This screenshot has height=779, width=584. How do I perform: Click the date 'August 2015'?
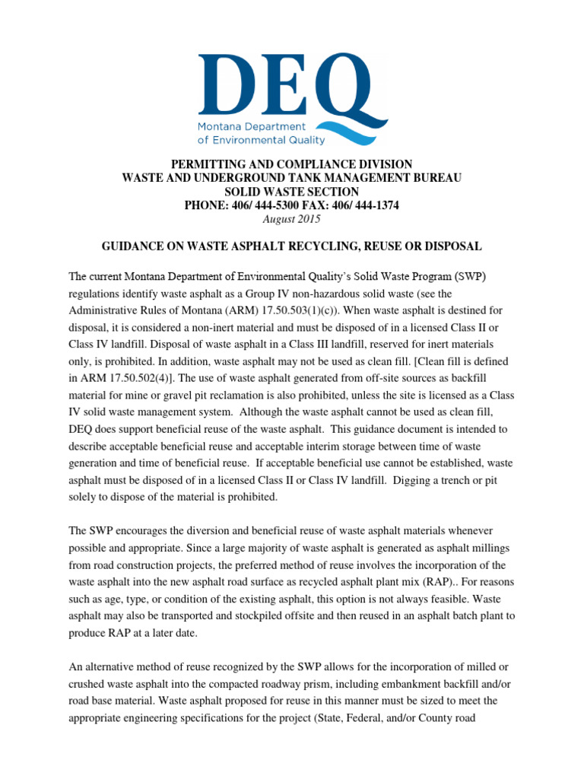click(291, 219)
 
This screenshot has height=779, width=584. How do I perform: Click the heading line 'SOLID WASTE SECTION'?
click(292, 192)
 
